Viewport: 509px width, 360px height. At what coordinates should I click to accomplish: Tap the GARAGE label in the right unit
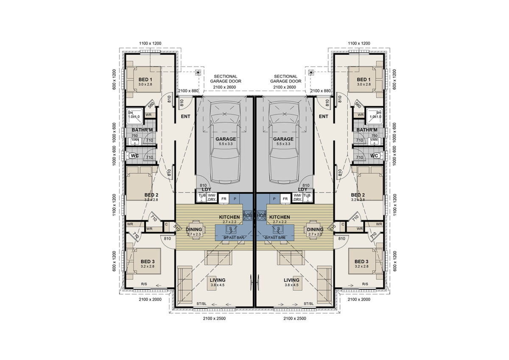pyautogui.click(x=283, y=139)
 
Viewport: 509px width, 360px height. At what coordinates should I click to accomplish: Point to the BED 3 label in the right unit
pyautogui.click(x=361, y=261)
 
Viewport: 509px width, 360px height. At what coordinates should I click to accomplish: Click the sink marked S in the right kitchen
pyautogui.click(x=278, y=229)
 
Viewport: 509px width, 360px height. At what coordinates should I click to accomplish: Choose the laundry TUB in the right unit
pyautogui.click(x=308, y=197)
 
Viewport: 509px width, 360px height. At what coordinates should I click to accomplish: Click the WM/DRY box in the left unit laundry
pyautogui.click(x=212, y=197)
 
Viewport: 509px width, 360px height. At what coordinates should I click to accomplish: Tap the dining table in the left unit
pyautogui.click(x=196, y=230)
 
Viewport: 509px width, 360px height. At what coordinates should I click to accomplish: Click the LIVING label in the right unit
pyautogui.click(x=291, y=280)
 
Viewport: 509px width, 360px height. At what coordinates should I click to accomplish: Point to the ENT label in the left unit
pyautogui.click(x=185, y=116)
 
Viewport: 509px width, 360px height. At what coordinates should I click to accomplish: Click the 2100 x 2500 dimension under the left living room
pyautogui.click(x=214, y=318)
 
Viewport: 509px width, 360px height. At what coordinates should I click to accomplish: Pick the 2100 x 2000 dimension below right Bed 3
pyautogui.click(x=359, y=299)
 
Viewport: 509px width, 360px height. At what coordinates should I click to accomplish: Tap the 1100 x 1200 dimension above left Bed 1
pyautogui.click(x=151, y=43)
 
